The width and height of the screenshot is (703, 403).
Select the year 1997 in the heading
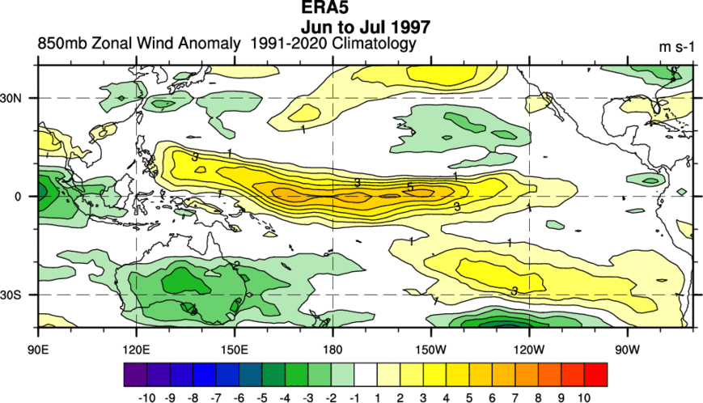(411, 27)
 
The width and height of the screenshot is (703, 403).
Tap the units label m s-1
(676, 47)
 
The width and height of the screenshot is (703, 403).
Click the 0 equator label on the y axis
(18, 197)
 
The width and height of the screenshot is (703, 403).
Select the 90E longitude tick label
(38, 350)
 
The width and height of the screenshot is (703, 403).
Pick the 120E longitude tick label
(136, 350)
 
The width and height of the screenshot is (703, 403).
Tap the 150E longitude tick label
(235, 350)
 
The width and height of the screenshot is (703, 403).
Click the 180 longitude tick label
(332, 350)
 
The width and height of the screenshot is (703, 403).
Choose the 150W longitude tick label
(431, 350)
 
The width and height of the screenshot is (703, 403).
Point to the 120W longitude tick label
(530, 350)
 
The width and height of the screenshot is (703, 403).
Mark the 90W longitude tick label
(628, 350)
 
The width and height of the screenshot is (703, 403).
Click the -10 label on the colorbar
(147, 397)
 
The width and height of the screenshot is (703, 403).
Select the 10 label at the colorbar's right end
(584, 397)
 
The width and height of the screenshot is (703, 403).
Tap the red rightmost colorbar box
(596, 375)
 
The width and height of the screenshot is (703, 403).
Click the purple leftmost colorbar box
(135, 375)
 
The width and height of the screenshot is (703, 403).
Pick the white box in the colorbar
(366, 375)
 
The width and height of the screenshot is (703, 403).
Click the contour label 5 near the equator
(410, 187)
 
